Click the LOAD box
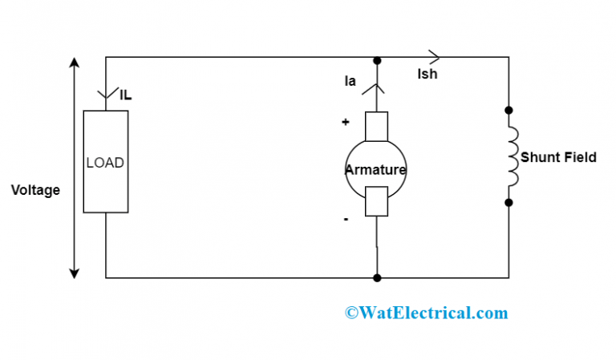[x=105, y=162]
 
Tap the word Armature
[x=375, y=170]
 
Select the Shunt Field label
[x=558, y=157]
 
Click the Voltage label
[x=35, y=191]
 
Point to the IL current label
[x=125, y=95]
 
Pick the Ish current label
[x=428, y=75]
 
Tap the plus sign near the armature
[x=346, y=123]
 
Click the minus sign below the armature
[x=346, y=218]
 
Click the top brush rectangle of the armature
[x=376, y=124]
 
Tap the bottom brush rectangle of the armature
[x=376, y=201]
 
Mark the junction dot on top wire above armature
[x=376, y=60]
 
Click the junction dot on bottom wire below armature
[x=376, y=278]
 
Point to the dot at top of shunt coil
[x=509, y=110]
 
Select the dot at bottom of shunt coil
[x=509, y=203]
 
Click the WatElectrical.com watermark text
[x=426, y=313]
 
